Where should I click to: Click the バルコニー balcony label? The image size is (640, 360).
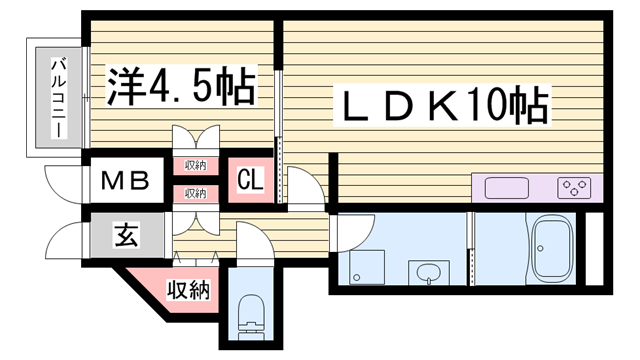pyautogui.click(x=58, y=98)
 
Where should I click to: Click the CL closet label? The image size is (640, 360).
pyautogui.click(x=251, y=181)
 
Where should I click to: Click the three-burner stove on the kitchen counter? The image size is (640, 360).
pyautogui.click(x=574, y=186)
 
